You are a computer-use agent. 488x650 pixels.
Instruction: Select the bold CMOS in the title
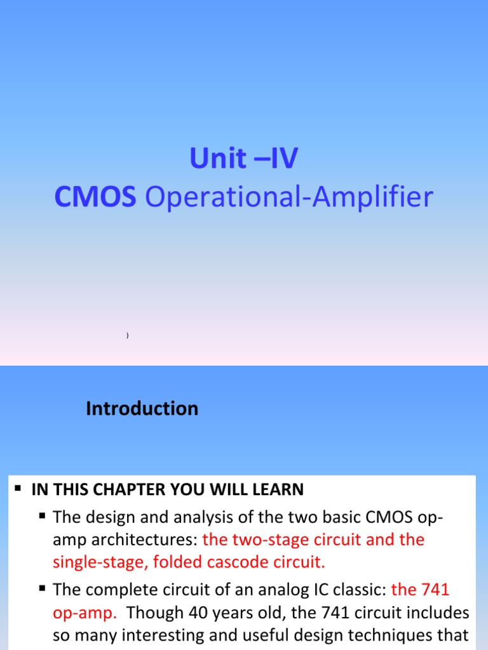pyautogui.click(x=95, y=197)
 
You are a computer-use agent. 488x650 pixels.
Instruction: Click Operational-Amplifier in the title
pyautogui.click(x=289, y=197)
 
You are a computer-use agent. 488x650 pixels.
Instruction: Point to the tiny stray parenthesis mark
pyautogui.click(x=128, y=335)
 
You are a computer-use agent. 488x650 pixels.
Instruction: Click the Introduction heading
pyautogui.click(x=142, y=409)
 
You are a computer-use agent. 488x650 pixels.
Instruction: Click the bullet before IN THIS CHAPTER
pyautogui.click(x=18, y=489)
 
